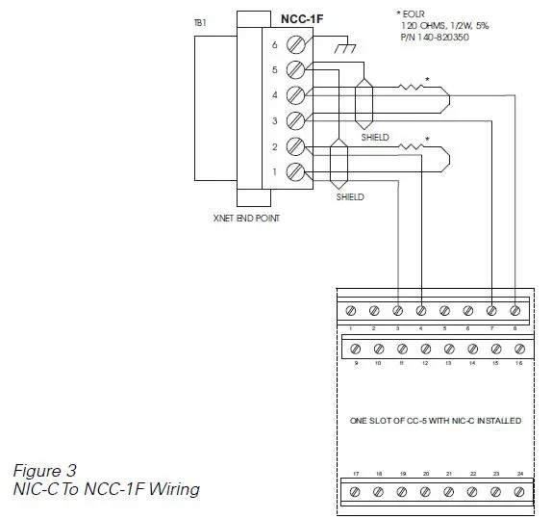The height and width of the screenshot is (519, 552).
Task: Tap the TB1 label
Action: [200, 20]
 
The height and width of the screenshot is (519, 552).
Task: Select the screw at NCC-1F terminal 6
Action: [297, 43]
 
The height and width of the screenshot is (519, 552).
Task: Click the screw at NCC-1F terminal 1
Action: [297, 172]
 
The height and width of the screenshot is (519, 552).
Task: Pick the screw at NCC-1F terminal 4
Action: [297, 95]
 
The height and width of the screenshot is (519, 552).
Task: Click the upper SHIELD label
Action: [375, 138]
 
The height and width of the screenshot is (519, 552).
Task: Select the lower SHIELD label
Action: [350, 197]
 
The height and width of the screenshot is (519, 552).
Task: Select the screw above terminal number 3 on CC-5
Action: [399, 311]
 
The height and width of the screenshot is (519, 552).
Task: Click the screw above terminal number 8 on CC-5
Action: [516, 311]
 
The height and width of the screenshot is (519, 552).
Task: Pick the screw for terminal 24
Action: [519, 492]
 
